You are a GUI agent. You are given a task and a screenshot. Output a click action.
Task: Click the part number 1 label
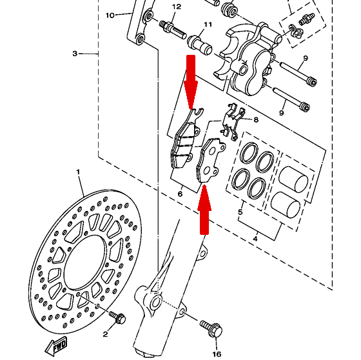point(78,172)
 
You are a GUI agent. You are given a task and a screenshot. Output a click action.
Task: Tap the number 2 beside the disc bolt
point(105,334)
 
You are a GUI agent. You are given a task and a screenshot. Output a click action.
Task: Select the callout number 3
point(75,54)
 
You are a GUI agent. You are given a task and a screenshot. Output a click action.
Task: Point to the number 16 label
point(217,354)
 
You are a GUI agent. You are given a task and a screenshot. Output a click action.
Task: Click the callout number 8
point(256,119)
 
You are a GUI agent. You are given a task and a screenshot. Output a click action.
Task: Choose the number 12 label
point(177,7)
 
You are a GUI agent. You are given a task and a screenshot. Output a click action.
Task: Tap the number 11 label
point(208,25)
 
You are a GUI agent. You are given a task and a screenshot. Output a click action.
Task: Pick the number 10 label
point(110,15)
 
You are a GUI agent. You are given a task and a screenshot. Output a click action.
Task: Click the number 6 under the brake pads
point(180,194)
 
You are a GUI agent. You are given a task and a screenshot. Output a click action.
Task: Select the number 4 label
point(255,239)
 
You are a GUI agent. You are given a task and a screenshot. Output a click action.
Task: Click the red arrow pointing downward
point(191,82)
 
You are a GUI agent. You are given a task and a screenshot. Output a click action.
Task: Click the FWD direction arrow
point(56,346)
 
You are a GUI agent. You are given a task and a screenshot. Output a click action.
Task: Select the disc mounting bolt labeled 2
point(117,317)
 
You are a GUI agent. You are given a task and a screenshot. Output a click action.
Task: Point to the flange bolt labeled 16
point(211,329)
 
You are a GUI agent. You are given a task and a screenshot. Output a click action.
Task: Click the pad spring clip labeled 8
point(233,121)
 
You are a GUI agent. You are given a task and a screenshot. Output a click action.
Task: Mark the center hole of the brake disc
point(84,262)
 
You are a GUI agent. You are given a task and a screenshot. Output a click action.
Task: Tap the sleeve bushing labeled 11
point(200,45)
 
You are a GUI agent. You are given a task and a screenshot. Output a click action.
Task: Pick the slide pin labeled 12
point(173,30)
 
